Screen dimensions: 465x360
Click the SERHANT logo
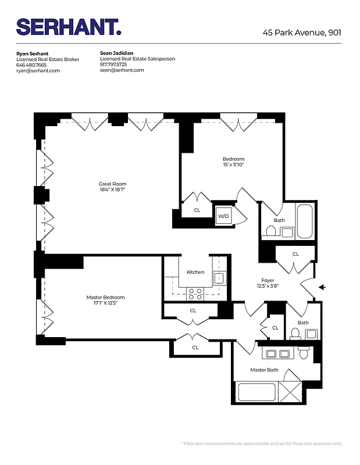[x=69, y=27]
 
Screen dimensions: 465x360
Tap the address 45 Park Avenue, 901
[x=301, y=33]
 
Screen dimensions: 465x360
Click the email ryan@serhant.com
[x=38, y=70]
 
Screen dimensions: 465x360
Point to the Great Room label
[x=112, y=184]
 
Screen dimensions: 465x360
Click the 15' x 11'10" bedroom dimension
[x=233, y=164]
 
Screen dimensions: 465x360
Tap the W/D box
[x=223, y=216]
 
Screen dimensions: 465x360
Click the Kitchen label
[x=195, y=272]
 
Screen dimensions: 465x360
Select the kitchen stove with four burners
[x=195, y=294]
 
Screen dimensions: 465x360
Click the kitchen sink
[x=219, y=279]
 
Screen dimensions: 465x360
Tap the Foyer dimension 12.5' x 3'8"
[x=268, y=285]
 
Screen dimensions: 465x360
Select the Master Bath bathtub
[x=256, y=392]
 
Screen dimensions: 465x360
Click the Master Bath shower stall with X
[x=291, y=392]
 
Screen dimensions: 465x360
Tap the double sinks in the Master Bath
[x=276, y=354]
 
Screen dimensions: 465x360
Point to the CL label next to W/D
[x=197, y=210]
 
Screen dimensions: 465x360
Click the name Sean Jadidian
[x=116, y=53]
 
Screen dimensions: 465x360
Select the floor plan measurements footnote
[x=262, y=443]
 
